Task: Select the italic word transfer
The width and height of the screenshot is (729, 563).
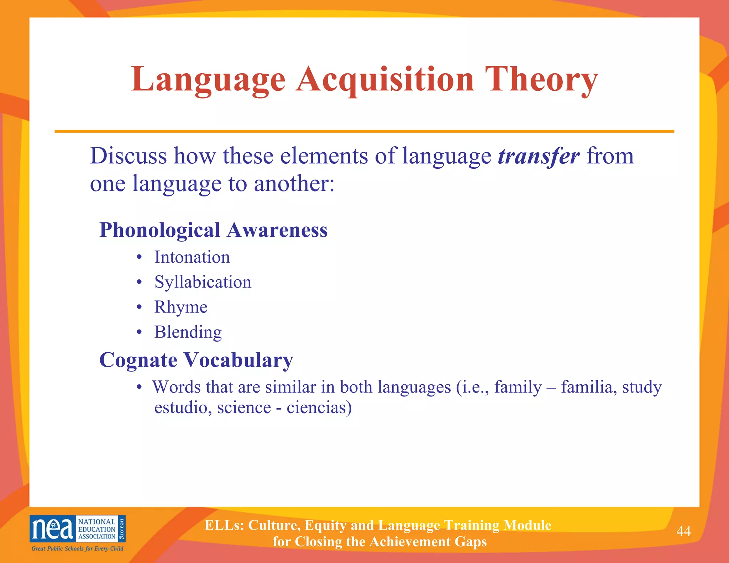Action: point(539,156)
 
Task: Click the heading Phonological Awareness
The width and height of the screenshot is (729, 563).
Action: point(213,230)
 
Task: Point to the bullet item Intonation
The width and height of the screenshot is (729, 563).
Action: point(192,257)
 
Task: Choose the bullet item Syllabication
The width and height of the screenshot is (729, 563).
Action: point(203,282)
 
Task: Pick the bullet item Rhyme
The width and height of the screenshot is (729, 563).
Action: point(181,307)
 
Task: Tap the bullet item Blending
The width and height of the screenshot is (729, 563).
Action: point(188,332)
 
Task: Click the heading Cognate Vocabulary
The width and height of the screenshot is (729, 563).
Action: point(196,360)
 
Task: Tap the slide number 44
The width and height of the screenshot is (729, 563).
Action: point(683,531)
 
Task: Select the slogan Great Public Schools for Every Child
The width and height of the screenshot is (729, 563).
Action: point(77,548)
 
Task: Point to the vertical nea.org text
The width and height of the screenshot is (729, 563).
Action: point(122,529)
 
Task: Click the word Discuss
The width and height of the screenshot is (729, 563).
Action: point(128,156)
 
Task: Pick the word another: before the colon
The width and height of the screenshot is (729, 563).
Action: point(294,184)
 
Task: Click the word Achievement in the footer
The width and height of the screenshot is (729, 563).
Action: point(410,542)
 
